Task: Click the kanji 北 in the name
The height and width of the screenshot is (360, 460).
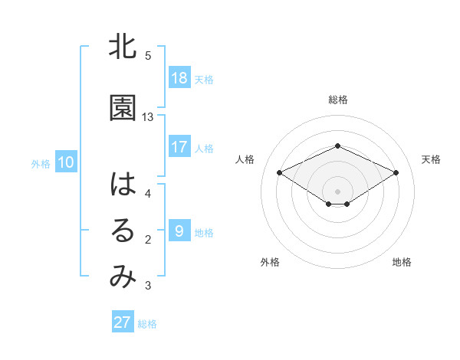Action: [123, 48]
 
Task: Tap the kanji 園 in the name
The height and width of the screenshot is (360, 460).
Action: [123, 109]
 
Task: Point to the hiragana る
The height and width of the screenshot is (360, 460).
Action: [123, 232]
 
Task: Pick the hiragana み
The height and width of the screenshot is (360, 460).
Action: [123, 278]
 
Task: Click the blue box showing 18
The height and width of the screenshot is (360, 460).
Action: [179, 78]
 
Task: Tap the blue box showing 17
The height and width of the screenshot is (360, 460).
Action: [179, 147]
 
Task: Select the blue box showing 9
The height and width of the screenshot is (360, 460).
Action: [179, 231]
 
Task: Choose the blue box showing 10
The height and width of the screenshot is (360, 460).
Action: [66, 162]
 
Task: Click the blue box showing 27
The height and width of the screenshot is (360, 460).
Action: [123, 322]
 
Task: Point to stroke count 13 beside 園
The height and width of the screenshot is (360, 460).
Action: [148, 117]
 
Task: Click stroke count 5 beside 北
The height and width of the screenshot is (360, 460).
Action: [148, 56]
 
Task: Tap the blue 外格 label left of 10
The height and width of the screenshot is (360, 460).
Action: [41, 163]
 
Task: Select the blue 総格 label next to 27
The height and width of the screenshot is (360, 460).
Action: [147, 324]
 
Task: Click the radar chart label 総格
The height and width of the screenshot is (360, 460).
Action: [337, 100]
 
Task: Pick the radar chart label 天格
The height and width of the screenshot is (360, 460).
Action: [431, 159]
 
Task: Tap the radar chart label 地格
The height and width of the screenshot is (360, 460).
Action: [402, 263]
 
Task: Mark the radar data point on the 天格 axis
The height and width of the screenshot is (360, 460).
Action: [396, 172]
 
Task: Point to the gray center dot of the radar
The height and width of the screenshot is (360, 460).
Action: [337, 191]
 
